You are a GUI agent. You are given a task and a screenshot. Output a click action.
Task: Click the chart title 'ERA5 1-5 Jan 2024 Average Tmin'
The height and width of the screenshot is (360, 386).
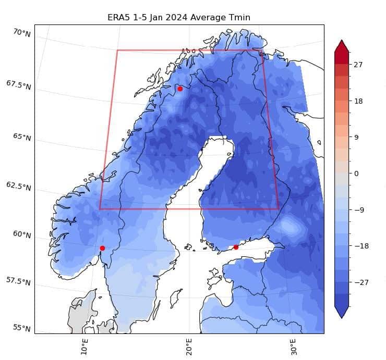[x=179, y=18]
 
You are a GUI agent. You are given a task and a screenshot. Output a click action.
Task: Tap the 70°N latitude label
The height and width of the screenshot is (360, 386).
[x=22, y=33]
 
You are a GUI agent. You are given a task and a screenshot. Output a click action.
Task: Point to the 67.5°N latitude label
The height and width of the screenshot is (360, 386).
[x=19, y=84]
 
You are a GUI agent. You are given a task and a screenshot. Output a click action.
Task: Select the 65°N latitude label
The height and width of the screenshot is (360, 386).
[x=22, y=137]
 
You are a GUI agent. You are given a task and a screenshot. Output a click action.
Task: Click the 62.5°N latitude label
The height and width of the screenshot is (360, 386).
[x=19, y=186]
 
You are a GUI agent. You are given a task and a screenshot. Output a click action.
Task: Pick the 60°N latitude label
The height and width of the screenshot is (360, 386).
[x=22, y=234]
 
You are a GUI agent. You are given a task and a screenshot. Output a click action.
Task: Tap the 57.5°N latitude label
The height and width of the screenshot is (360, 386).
[x=19, y=281]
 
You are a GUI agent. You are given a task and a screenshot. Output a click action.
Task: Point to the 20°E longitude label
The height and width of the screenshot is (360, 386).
[x=189, y=345]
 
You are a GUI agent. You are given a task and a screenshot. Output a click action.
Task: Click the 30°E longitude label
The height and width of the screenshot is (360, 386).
[x=294, y=345]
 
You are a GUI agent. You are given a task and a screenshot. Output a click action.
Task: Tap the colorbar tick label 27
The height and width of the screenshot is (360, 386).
[x=358, y=65]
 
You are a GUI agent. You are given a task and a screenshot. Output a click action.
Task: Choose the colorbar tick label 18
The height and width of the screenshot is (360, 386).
[x=358, y=101]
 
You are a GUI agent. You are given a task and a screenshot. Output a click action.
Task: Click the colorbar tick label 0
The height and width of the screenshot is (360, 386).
[x=356, y=173]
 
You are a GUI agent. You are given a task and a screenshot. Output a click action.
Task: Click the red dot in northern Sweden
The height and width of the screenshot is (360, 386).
[x=180, y=89]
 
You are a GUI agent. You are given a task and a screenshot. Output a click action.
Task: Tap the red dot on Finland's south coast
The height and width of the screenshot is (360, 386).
[x=236, y=247]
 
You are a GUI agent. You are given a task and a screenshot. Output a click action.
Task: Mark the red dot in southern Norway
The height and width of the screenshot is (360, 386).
[x=102, y=248]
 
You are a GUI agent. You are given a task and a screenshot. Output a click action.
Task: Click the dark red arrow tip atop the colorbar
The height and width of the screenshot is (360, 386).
[x=342, y=44]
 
